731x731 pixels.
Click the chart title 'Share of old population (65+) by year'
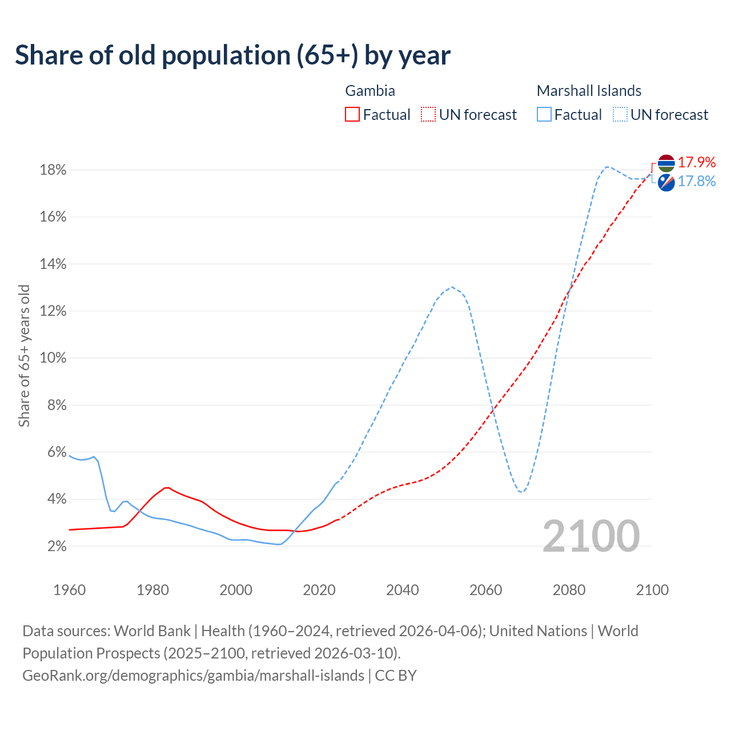point(233,55)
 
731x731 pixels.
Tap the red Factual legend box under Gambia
point(352,115)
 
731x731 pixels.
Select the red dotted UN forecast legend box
point(428,115)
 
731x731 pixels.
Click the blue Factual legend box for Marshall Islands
point(544,115)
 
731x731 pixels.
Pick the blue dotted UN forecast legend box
point(620,115)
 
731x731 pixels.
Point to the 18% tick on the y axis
point(53,170)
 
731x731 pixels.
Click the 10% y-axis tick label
point(53,358)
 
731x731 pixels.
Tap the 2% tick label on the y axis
point(56,547)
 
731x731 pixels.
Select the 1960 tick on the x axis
point(69,590)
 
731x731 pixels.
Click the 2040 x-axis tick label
point(403,590)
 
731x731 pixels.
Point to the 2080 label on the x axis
point(569,590)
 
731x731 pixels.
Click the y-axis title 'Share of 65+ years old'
point(24,356)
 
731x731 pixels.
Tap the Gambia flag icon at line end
point(666,163)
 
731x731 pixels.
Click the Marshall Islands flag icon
point(666,182)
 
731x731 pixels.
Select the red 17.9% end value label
point(697,163)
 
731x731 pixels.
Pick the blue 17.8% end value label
point(697,182)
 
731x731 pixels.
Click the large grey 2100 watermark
point(591,536)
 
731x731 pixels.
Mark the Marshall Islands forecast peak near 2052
point(452,287)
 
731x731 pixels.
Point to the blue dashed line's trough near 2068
point(520,492)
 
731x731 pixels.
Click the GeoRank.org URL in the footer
point(193,676)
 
